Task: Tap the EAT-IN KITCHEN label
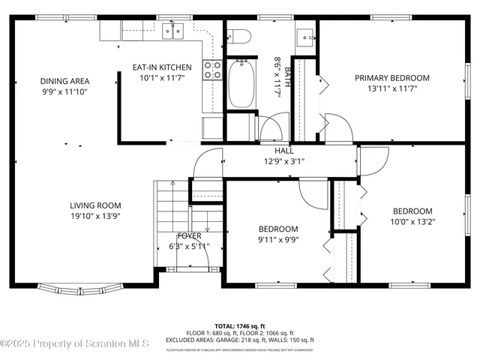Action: point(162,67)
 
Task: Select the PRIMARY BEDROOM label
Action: point(392,78)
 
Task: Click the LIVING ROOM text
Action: point(95,205)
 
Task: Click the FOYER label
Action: point(189,235)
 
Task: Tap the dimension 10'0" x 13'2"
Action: point(413,221)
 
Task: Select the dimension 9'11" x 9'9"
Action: point(278,240)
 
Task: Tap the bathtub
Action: point(241,85)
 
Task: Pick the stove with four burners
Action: point(212,70)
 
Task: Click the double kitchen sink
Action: point(173,31)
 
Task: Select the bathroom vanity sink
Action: point(305,35)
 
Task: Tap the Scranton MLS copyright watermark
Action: point(75,344)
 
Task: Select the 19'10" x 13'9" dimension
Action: point(95,216)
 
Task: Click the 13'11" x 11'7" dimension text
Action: point(392,88)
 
